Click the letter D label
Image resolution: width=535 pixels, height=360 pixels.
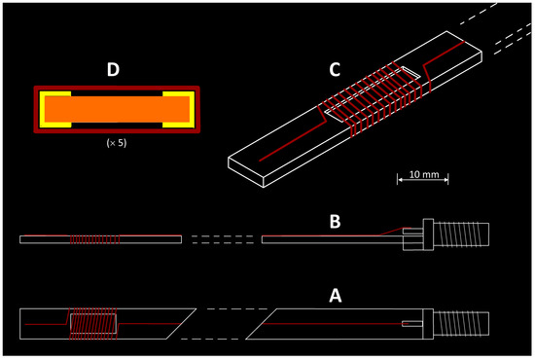[113, 69]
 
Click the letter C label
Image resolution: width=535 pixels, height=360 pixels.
[335, 69]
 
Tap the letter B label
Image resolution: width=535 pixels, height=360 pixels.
[335, 221]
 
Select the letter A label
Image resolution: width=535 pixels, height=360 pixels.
[335, 296]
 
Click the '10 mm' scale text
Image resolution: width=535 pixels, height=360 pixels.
[424, 174]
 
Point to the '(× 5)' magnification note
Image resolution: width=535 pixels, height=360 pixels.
[117, 143]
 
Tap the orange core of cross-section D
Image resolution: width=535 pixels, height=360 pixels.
[117, 109]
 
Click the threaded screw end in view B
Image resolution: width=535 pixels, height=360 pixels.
[461, 234]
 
